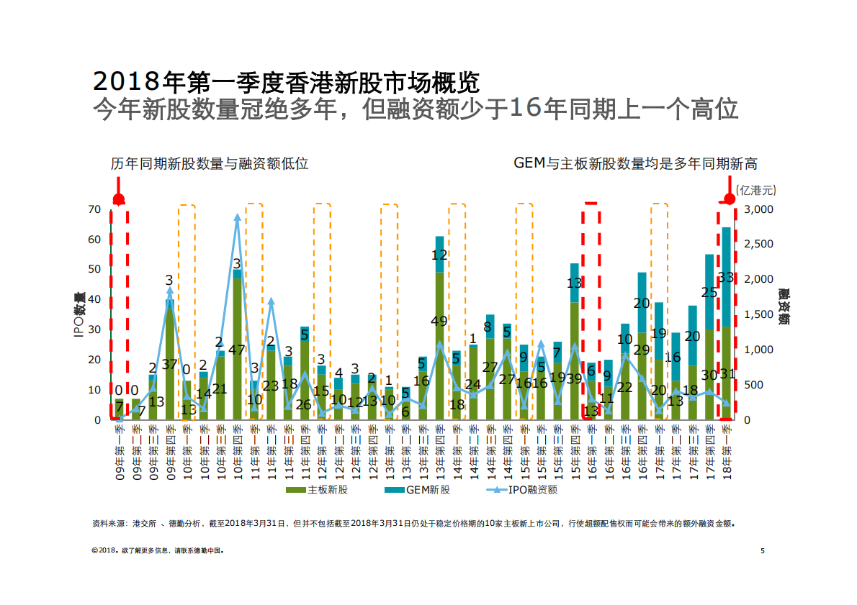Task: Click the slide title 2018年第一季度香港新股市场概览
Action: (286, 81)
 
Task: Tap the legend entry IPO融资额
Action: (526, 490)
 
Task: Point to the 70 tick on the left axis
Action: (94, 209)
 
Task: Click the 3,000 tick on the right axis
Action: (758, 209)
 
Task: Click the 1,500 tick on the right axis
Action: (758, 314)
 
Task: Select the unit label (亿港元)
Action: (756, 190)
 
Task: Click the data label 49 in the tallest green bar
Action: (439, 321)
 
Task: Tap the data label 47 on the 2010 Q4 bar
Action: (237, 350)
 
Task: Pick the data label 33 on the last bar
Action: (727, 277)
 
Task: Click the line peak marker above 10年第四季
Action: (237, 217)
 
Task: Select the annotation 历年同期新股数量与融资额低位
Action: (210, 163)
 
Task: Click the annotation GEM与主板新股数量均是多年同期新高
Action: (635, 163)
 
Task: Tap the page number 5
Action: (762, 551)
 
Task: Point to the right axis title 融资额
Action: (783, 308)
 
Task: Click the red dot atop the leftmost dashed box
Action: (119, 199)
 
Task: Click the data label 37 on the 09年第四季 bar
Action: (170, 364)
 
